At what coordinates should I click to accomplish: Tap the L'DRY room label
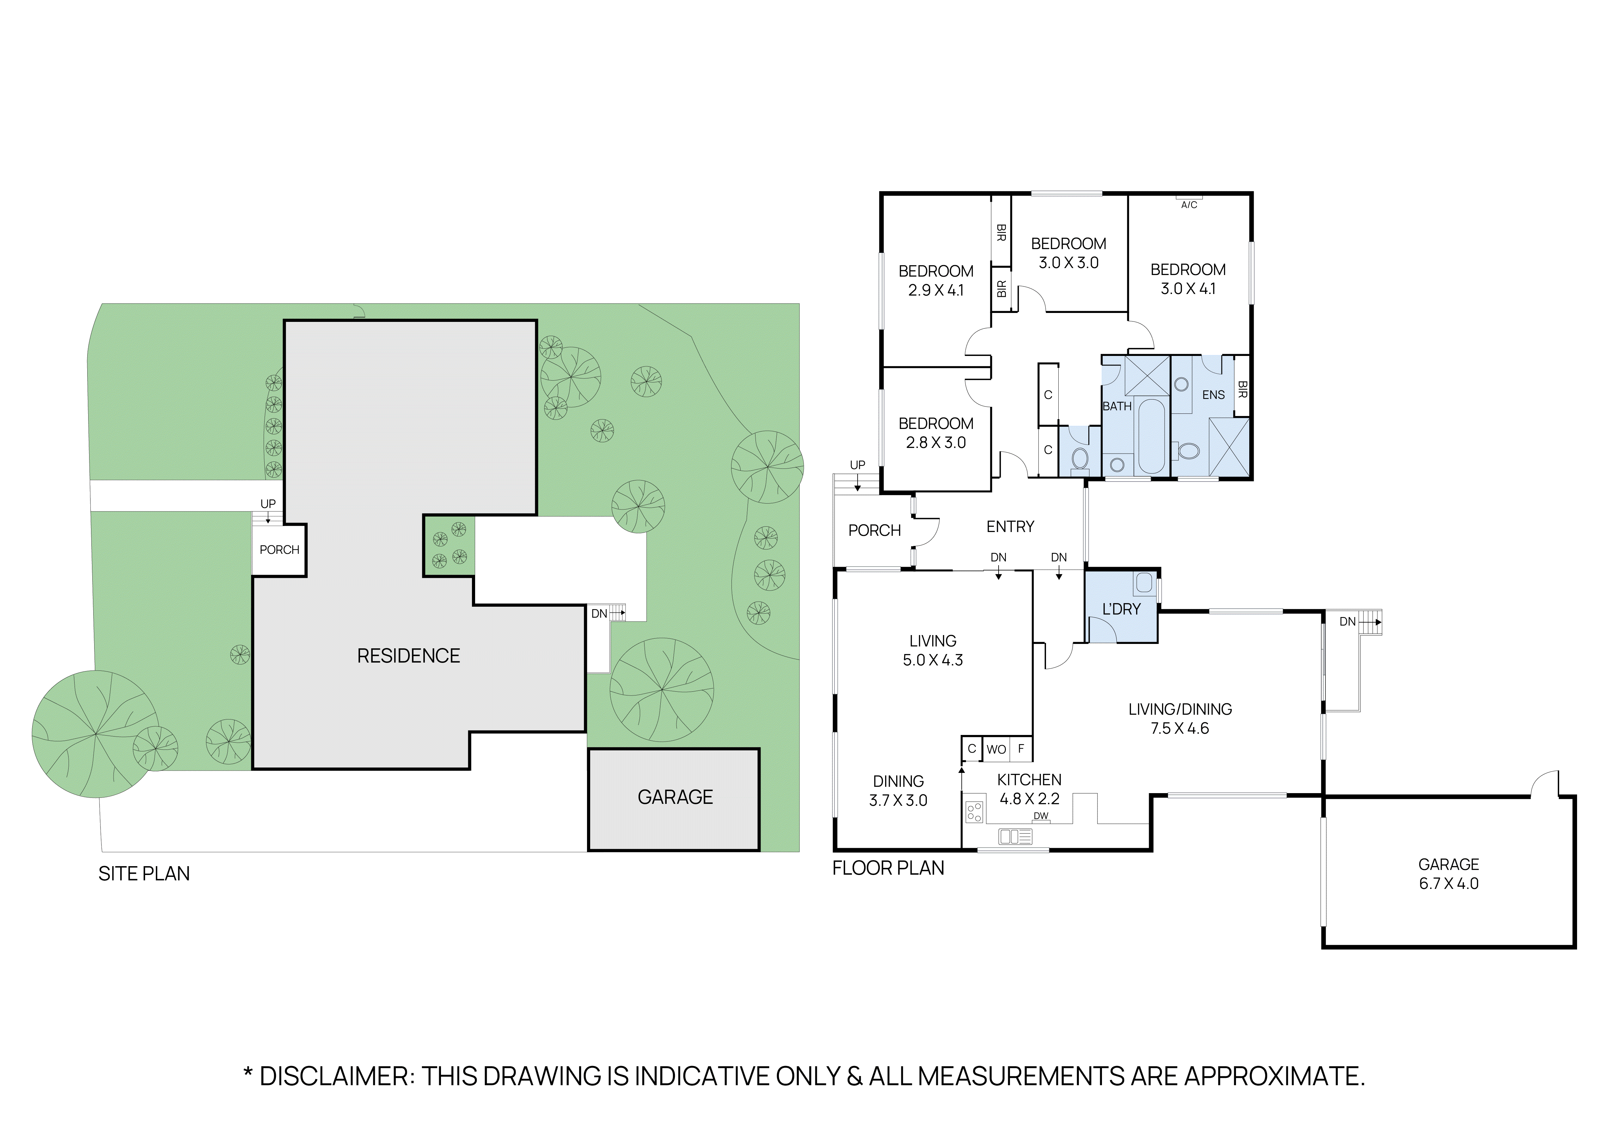[x=1121, y=609]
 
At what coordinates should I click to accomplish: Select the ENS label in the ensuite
[x=1213, y=395]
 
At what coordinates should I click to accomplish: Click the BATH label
[x=1117, y=407]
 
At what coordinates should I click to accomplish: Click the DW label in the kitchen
[x=1041, y=816]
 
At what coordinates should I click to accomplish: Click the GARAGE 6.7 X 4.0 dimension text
[x=1448, y=884]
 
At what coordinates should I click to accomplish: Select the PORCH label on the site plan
[x=279, y=550]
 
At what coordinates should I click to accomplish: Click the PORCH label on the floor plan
[x=874, y=530]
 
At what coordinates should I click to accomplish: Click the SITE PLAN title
[x=144, y=874]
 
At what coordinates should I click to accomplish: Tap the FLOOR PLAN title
[x=888, y=868]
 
